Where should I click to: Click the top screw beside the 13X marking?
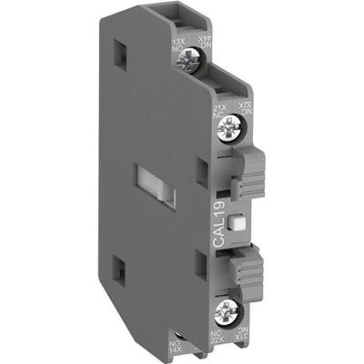tap(180, 62)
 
